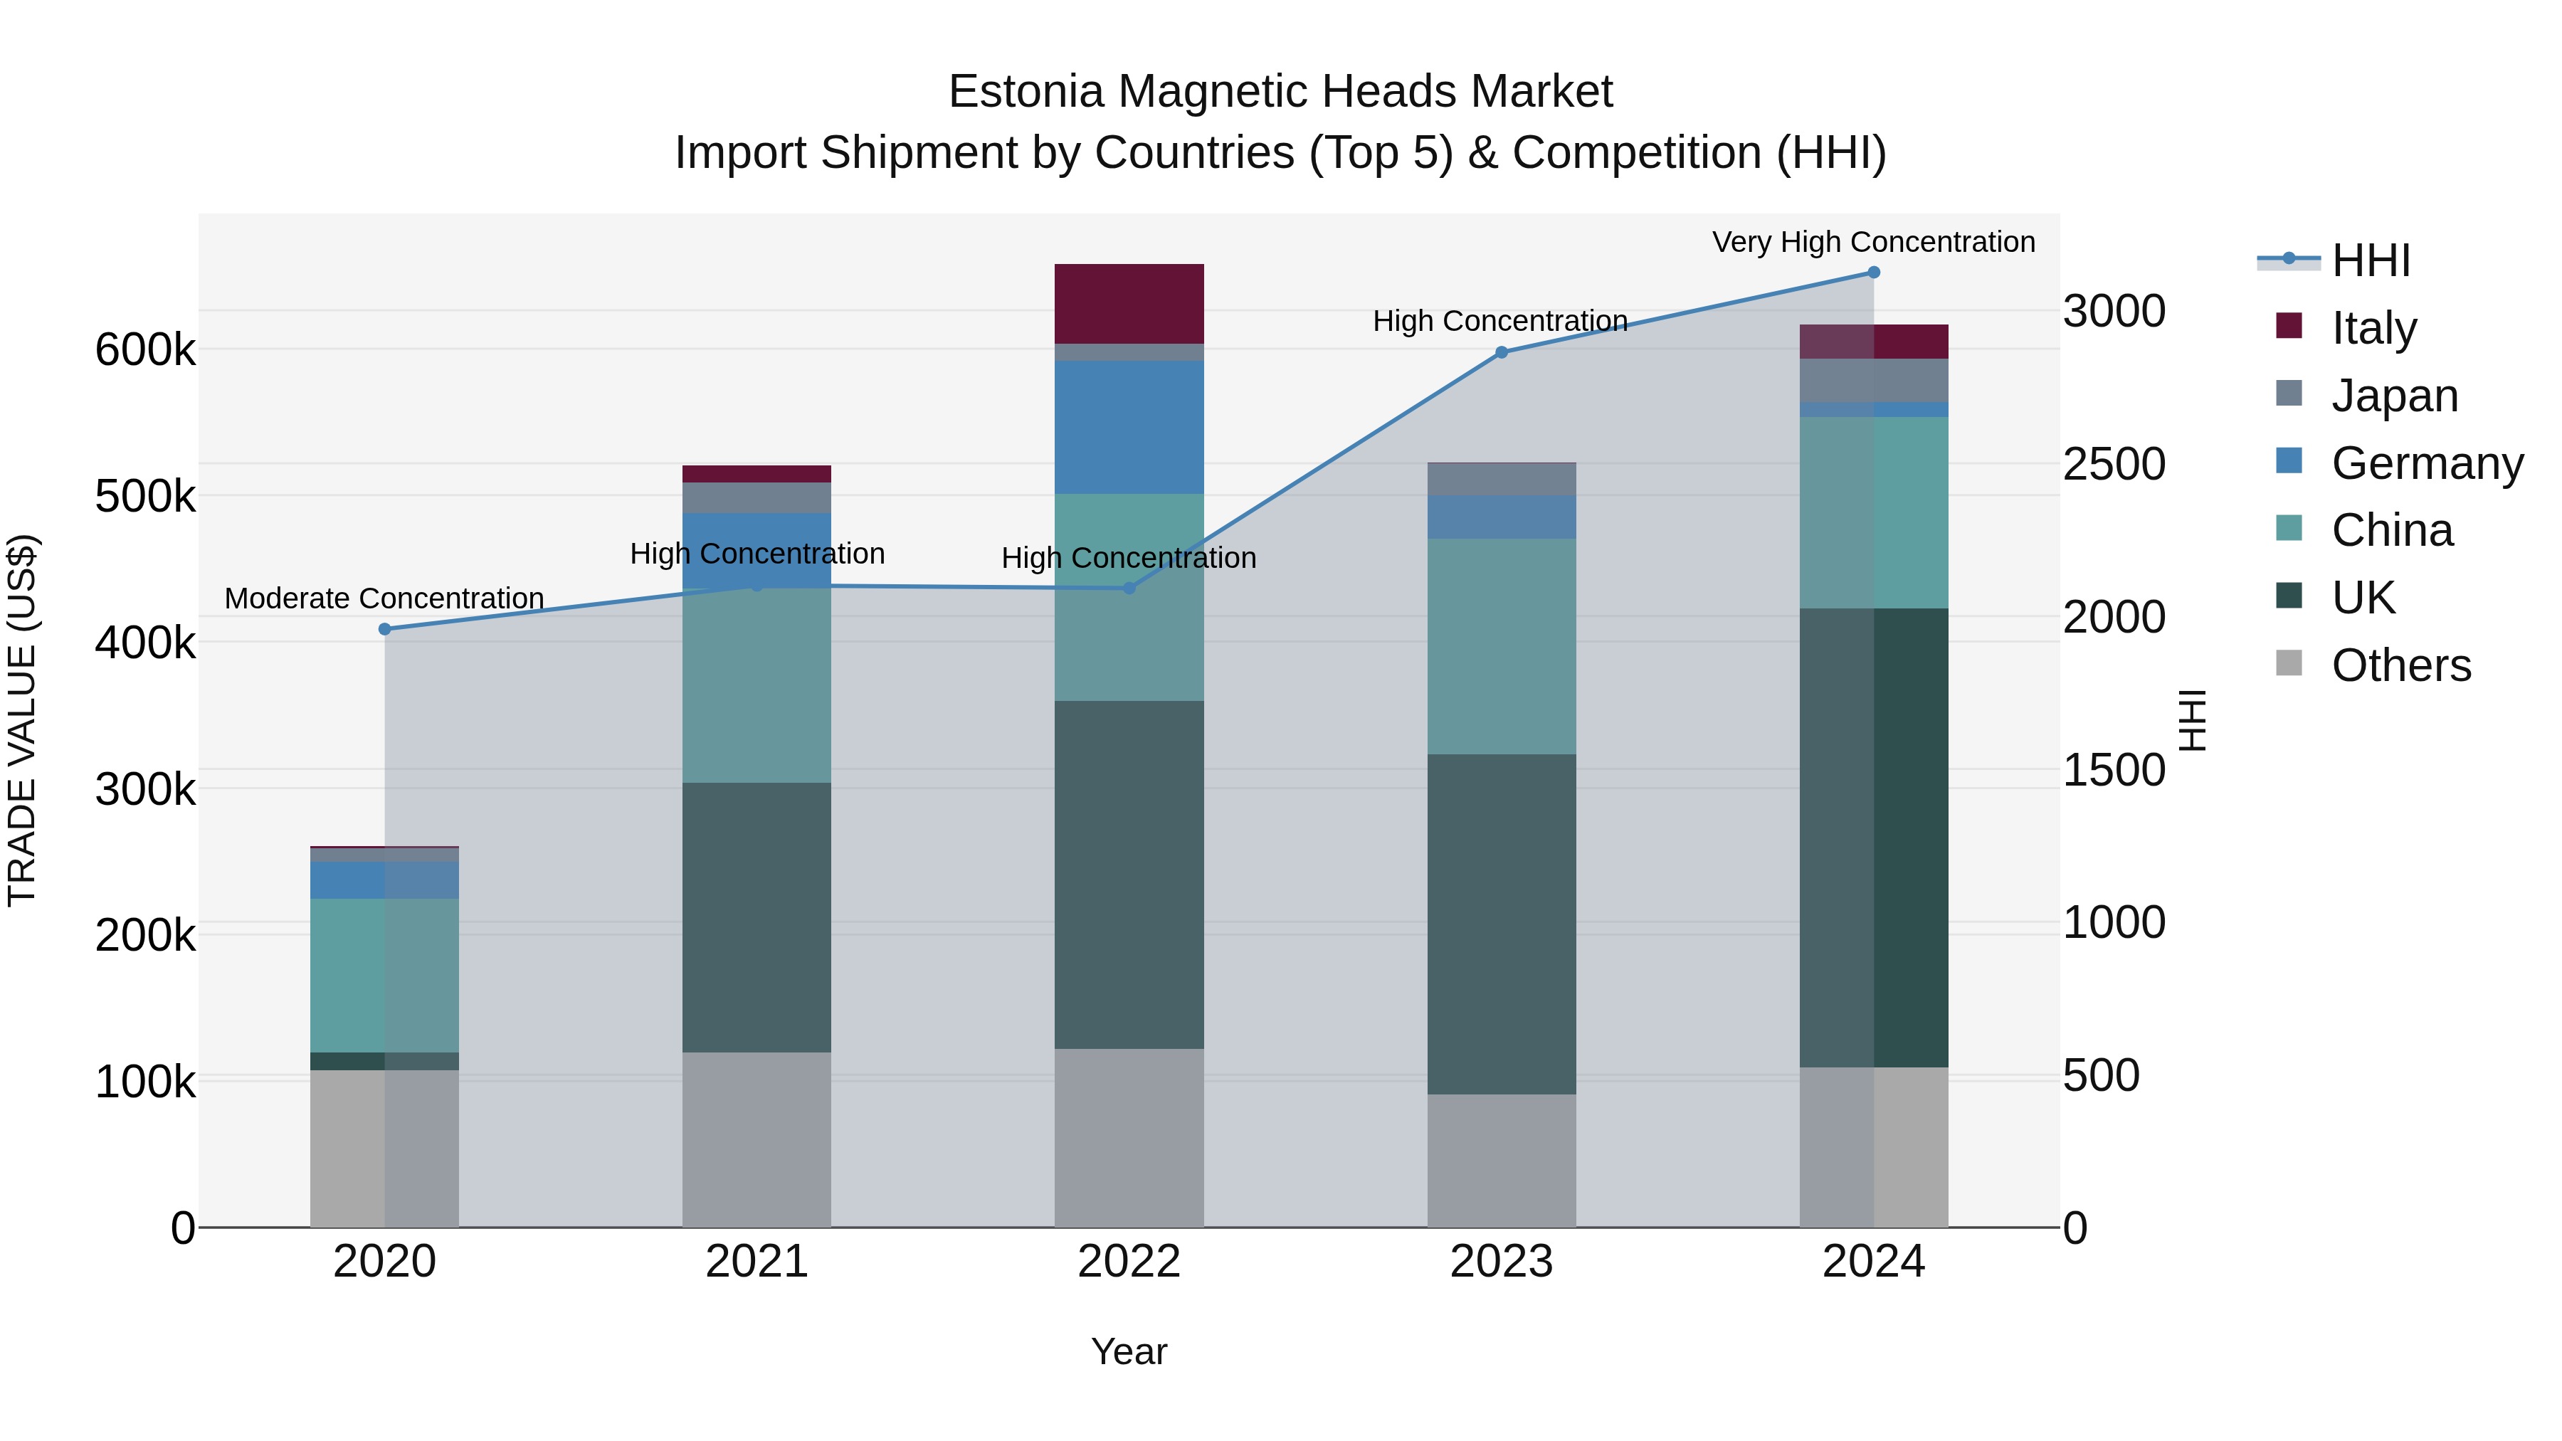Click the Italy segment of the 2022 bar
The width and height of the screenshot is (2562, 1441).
[1129, 303]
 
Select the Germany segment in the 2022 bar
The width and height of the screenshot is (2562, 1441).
[1129, 427]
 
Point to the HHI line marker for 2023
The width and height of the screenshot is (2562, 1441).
[1501, 352]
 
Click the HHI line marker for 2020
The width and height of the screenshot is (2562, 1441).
[385, 628]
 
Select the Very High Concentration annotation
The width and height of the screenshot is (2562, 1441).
[1873, 242]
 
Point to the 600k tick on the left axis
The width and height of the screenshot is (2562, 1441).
[145, 350]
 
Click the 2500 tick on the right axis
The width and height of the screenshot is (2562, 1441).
[2114, 465]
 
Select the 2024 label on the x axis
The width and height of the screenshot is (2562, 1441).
[1873, 1262]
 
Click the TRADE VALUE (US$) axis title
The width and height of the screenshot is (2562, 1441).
[22, 720]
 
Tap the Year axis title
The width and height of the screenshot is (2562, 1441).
[1129, 1351]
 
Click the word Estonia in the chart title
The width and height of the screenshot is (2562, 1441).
[1026, 92]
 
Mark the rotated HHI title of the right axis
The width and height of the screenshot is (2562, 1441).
[2192, 720]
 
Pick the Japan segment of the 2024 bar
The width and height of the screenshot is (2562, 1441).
[1873, 380]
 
